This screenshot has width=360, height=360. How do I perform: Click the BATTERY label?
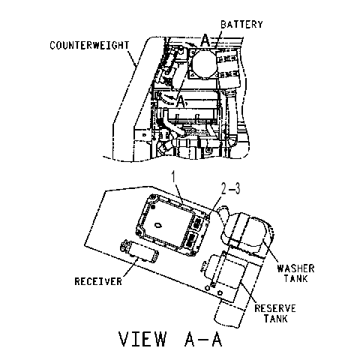[x=241, y=25]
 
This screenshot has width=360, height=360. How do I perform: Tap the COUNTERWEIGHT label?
[x=89, y=45]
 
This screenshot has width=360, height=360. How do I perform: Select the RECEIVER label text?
[x=98, y=281]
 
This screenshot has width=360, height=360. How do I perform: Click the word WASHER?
[x=295, y=268]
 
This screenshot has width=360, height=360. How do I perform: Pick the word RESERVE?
[x=275, y=308]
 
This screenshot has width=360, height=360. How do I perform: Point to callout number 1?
[x=174, y=177]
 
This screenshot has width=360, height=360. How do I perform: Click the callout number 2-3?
[x=230, y=188]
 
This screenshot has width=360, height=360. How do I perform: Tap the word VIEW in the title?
[x=142, y=339]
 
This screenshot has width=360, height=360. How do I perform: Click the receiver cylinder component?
[x=139, y=251]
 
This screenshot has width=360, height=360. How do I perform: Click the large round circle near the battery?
[x=204, y=64]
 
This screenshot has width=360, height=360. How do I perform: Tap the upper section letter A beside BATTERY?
[x=205, y=40]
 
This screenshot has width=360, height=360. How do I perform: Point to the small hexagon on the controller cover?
[x=158, y=225]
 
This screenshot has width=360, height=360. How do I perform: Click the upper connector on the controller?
[x=198, y=222]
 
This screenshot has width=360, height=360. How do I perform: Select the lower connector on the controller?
[x=191, y=239]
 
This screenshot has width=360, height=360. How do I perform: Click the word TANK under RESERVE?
[x=276, y=319]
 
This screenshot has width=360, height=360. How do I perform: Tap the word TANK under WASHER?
[x=295, y=278]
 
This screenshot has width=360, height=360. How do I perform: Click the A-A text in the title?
[x=203, y=339]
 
